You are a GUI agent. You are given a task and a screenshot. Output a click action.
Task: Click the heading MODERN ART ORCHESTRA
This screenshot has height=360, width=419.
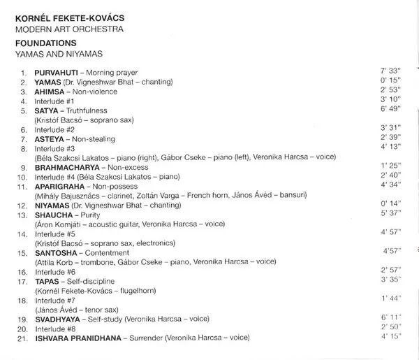pos(70,29)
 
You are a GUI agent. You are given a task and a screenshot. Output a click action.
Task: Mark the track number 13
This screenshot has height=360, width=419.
pos(24,216)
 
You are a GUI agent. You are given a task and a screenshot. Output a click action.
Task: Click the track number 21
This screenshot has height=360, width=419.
pos(24,337)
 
